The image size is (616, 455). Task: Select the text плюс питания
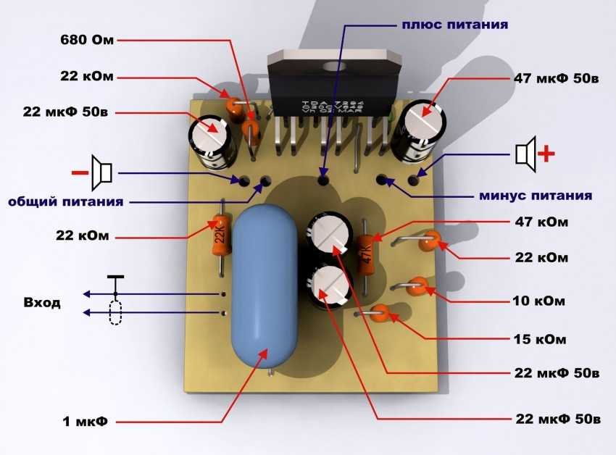point(454,24)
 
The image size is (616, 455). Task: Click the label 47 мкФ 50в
point(556,78)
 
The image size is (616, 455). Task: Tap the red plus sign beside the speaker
point(548,154)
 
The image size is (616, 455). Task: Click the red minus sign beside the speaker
point(78,172)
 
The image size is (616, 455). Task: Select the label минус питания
point(535,196)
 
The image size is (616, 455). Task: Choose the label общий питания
point(65,201)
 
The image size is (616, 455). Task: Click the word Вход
point(42,303)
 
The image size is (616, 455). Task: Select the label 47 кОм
point(540,221)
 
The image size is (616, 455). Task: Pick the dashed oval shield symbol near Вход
point(115,313)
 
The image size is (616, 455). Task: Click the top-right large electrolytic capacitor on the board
point(415,130)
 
